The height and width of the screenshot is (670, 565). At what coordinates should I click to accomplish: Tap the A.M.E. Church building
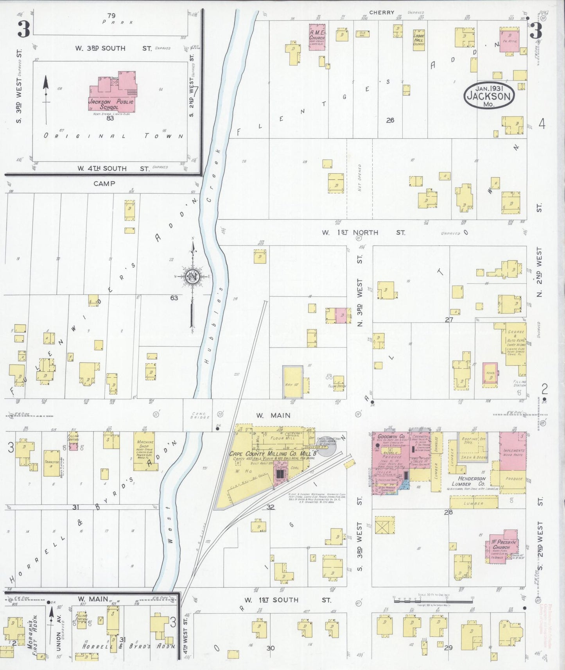pyautogui.click(x=317, y=37)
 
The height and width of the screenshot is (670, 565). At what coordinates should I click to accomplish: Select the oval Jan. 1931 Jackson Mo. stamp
pyautogui.click(x=489, y=95)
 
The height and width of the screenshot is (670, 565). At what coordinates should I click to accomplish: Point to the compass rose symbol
pyautogui.click(x=192, y=277)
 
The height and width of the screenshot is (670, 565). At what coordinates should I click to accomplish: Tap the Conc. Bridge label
pyautogui.click(x=201, y=415)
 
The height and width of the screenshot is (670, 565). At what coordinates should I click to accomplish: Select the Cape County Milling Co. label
pyautogui.click(x=258, y=454)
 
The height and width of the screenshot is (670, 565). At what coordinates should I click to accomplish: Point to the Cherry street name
pyautogui.click(x=382, y=13)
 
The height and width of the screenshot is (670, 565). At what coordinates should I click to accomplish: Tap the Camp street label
pyautogui.click(x=104, y=183)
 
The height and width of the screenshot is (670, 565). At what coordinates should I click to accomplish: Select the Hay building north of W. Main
pyautogui.click(x=292, y=383)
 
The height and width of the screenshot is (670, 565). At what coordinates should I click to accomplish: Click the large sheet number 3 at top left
pyautogui.click(x=24, y=29)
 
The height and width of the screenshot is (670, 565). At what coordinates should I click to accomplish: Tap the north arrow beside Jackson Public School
pyautogui.click(x=46, y=98)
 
